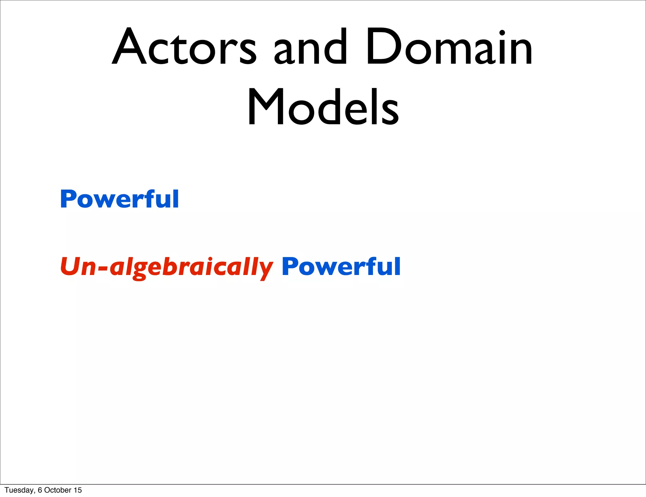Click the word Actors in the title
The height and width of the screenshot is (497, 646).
tap(185, 47)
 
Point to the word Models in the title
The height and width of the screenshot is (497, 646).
tap(323, 107)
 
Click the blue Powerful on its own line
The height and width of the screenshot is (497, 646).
tap(120, 199)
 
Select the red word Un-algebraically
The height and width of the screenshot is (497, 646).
tap(166, 267)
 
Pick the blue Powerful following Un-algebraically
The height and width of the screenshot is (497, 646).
tap(341, 267)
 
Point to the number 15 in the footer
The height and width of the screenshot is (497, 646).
tap(78, 490)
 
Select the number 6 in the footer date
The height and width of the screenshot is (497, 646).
tap(40, 490)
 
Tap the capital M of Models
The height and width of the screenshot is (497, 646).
tap(266, 107)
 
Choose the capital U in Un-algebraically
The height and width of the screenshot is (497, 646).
tap(71, 266)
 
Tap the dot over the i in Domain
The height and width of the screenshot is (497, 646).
tap(502, 33)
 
